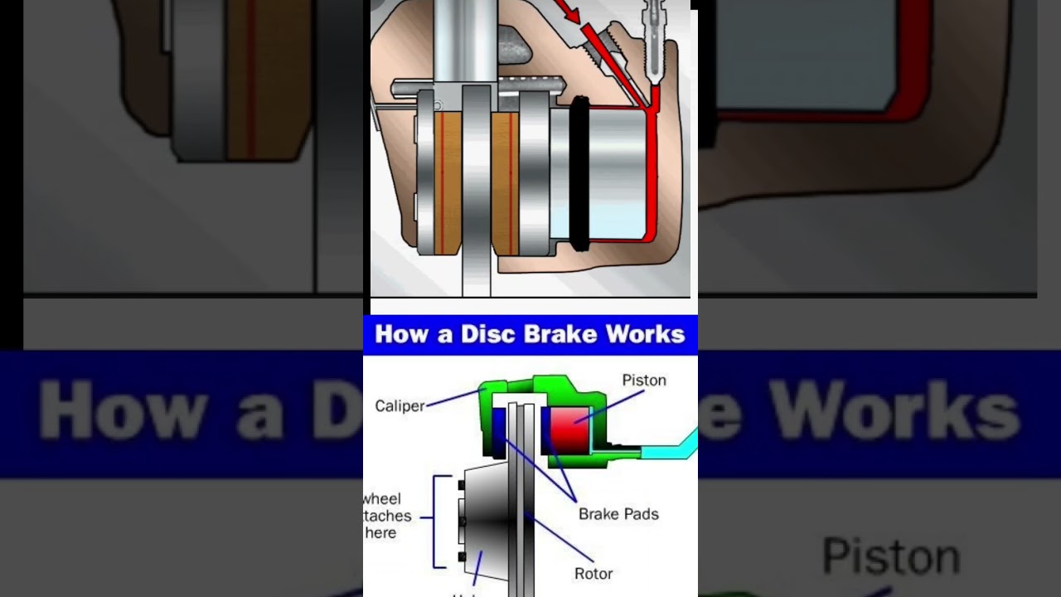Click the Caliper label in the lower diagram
point(400,406)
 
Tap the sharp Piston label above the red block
point(644,381)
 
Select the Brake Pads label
point(618,514)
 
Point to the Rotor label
point(593,573)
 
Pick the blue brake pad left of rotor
point(498,429)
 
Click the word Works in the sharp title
point(645,334)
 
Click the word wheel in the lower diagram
point(382,499)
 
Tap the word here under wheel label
point(380,533)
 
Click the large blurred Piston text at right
point(891,556)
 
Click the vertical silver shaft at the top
point(464,41)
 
